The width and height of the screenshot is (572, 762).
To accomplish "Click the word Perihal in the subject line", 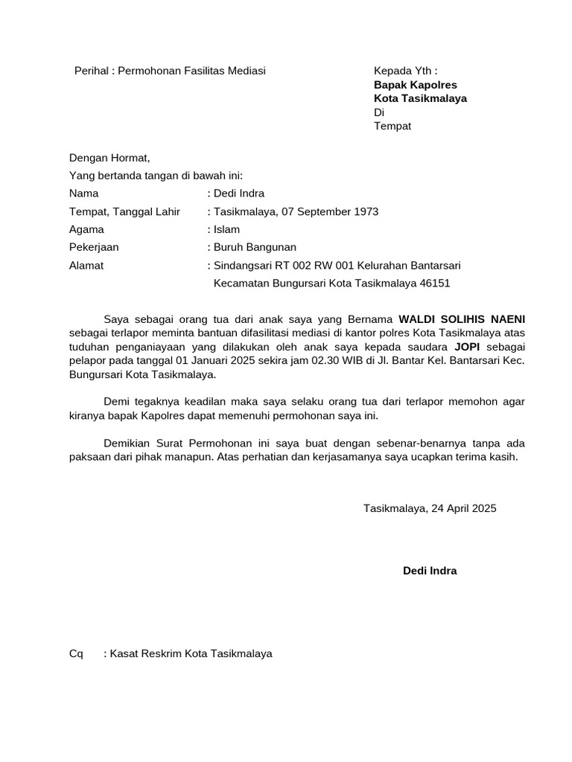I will point(91,71).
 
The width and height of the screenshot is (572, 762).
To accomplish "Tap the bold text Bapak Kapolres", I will point(415,85).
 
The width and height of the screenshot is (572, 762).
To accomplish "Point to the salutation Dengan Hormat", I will point(109,158).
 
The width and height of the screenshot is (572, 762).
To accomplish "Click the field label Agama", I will point(86,229).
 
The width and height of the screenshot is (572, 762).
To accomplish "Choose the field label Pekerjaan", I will point(94,247).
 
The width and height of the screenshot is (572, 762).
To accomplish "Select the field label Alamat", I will point(86,265).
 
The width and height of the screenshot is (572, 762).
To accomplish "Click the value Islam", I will point(226,229).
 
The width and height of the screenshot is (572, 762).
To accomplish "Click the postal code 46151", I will point(435,283).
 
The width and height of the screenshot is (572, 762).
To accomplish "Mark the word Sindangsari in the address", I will point(242,265).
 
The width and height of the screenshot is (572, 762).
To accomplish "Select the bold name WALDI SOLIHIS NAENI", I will point(462,319).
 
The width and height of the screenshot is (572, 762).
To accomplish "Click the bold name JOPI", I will point(460,348).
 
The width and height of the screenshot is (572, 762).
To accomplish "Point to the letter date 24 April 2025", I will point(459,508).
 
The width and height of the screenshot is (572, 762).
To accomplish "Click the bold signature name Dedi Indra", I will point(430,571).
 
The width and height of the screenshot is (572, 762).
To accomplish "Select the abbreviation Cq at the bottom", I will point(76,653).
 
